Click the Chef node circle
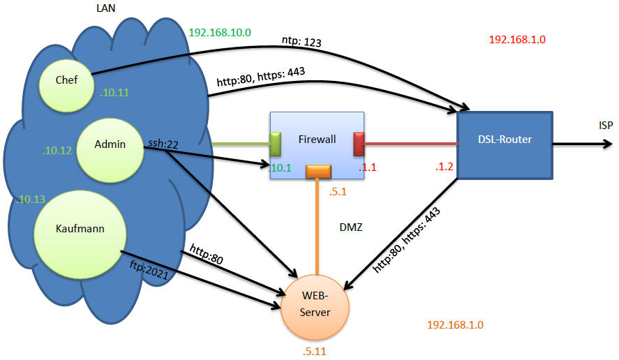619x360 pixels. coord(67,81)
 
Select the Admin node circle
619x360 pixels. coord(110,146)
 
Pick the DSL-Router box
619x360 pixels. coord(505,140)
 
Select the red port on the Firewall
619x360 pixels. coord(359,144)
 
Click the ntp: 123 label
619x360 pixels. coord(301,43)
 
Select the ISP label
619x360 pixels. coord(606,126)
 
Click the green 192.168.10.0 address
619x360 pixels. coord(220,33)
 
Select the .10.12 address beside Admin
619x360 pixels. coord(56,149)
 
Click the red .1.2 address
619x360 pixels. coord(445,167)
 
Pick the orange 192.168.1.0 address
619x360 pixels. coord(455,325)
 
